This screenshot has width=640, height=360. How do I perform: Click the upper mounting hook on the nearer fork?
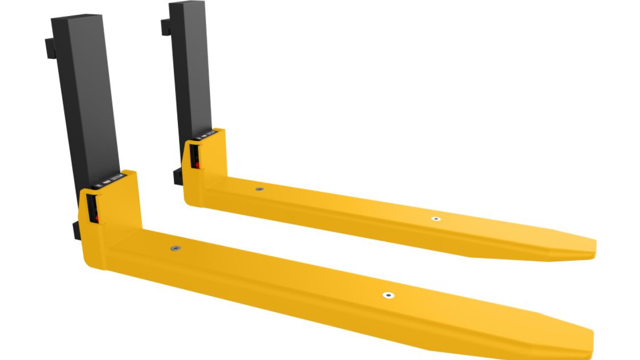49,48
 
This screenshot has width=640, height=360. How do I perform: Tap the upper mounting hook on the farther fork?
165,27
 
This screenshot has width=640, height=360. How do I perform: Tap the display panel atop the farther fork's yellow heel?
206,135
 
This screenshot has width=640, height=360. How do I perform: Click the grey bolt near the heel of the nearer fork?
175,248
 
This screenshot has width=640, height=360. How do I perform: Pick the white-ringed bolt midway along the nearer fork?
388,295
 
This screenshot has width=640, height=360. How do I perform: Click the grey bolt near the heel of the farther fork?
260,189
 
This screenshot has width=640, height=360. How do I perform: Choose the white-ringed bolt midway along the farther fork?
436,219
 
